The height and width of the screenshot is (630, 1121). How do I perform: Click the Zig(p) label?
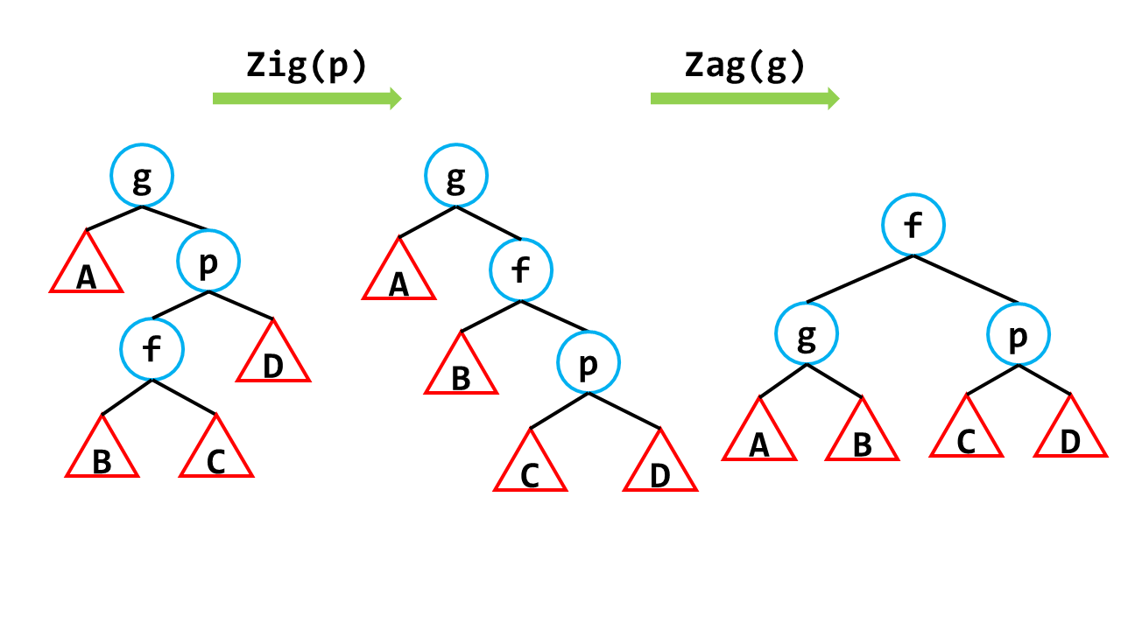(307, 66)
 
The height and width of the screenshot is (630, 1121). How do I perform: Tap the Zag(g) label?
(744, 66)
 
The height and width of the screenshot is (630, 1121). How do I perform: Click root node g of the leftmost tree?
(142, 176)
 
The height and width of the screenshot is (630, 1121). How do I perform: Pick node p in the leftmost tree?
(208, 261)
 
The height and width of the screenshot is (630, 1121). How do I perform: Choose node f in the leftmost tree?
(152, 349)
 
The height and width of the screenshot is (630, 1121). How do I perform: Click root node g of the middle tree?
(456, 176)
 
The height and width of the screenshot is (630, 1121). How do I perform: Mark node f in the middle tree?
(521, 269)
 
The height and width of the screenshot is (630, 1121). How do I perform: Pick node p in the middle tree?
(588, 361)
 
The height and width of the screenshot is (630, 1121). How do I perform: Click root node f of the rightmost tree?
(913, 225)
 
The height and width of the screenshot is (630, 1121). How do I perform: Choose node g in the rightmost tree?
(807, 334)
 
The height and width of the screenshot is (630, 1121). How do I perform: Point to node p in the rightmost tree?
(1019, 334)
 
